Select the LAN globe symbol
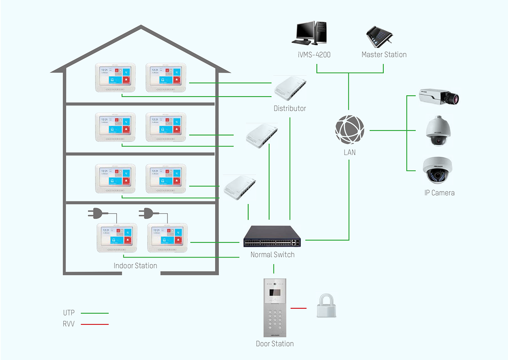(350, 131)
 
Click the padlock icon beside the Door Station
(326, 306)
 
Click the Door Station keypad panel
(275, 307)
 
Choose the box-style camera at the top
(438, 97)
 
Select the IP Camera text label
(439, 193)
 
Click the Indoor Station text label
(135, 266)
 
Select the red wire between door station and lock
(299, 308)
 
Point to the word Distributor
(290, 109)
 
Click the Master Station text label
(384, 55)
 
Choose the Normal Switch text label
(272, 255)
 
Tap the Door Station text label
(274, 344)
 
